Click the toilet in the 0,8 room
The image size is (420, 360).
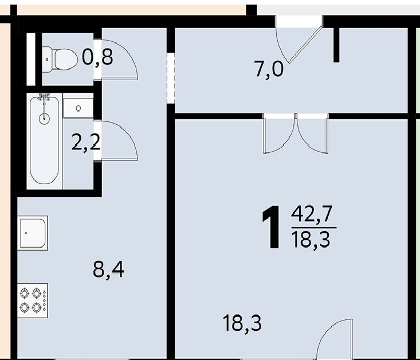60,60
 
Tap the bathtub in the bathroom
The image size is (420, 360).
45,140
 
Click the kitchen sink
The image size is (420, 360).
33,233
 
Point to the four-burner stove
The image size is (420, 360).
33,300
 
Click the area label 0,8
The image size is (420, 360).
97,57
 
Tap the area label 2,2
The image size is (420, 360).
86,143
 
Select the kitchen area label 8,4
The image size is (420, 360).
108,270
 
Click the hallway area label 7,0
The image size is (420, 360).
269,69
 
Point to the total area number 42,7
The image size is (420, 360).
312,213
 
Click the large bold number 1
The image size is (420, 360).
272,228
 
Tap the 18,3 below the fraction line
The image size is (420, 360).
311,240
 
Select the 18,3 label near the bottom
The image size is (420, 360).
242,323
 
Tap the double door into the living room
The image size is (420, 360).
296,133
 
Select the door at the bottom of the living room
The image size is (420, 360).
335,339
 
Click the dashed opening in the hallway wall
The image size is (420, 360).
171,78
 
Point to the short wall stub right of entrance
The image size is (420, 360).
336,45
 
